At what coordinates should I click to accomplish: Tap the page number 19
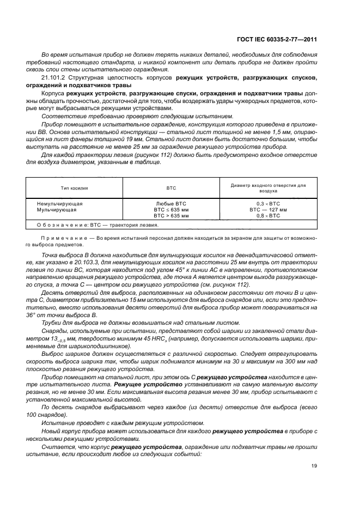pyautogui.click(x=314, y=465)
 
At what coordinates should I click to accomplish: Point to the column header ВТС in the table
pyautogui.click(x=172, y=187)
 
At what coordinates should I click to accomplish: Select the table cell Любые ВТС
pyautogui.click(x=172, y=203)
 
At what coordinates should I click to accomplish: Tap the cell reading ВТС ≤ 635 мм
pyautogui.click(x=172, y=209)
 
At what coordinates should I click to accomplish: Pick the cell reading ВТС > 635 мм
pyautogui.click(x=172, y=216)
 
